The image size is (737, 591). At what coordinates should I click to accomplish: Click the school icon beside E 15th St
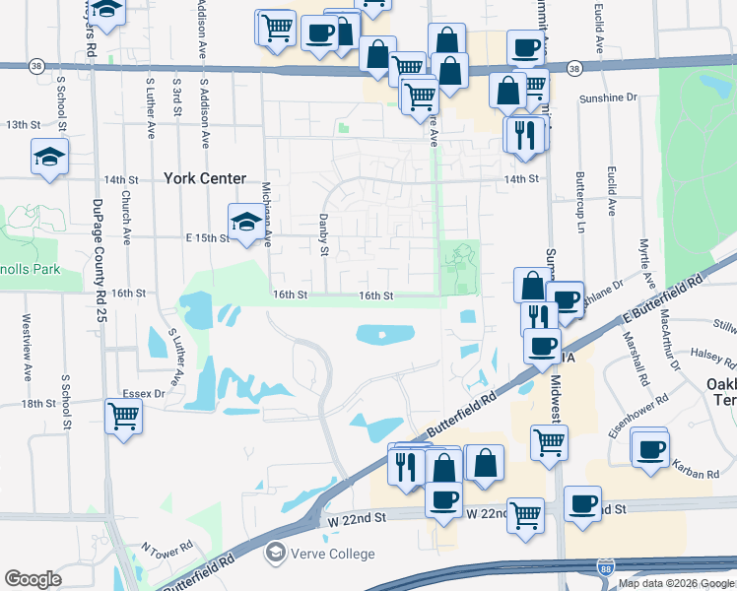tap(245, 221)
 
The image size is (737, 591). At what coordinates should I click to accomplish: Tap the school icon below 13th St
tap(48, 157)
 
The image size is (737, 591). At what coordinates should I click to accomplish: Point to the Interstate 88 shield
tap(604, 566)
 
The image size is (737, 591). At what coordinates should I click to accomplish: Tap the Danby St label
tap(322, 234)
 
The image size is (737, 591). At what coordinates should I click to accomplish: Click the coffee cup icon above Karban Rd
tap(650, 448)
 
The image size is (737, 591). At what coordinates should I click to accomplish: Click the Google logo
tap(33, 579)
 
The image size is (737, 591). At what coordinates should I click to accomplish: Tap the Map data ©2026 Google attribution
tap(676, 583)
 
